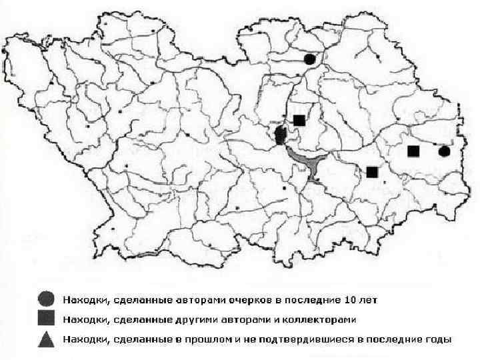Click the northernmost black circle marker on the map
(309, 59)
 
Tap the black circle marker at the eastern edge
(445, 152)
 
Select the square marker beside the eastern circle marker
(413, 151)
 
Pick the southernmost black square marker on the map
(372, 172)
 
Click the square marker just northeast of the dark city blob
(299, 120)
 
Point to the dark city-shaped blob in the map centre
(281, 135)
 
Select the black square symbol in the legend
(46, 319)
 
